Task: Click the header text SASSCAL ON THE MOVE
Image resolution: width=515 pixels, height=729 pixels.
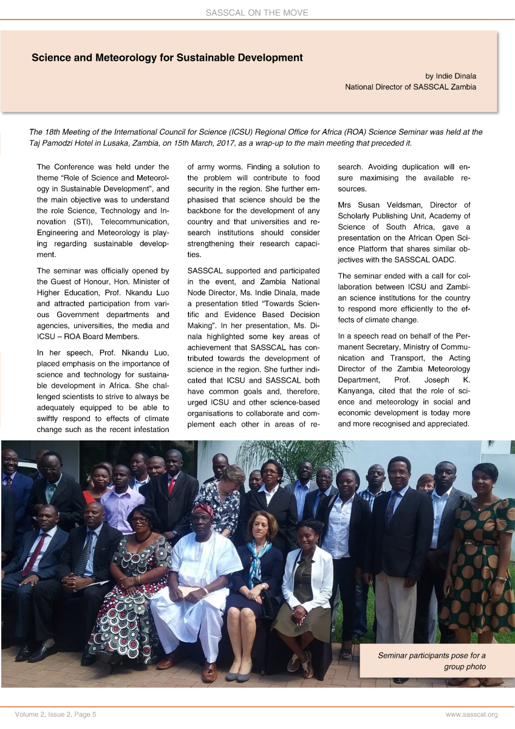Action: pyautogui.click(x=257, y=12)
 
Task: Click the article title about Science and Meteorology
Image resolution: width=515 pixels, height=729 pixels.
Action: pyautogui.click(x=167, y=58)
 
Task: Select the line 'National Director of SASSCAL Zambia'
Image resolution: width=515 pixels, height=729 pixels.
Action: pyautogui.click(x=411, y=87)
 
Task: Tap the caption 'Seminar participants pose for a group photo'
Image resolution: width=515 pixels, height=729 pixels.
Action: pyautogui.click(x=431, y=661)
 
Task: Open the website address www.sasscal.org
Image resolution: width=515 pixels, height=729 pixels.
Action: pyautogui.click(x=471, y=714)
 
